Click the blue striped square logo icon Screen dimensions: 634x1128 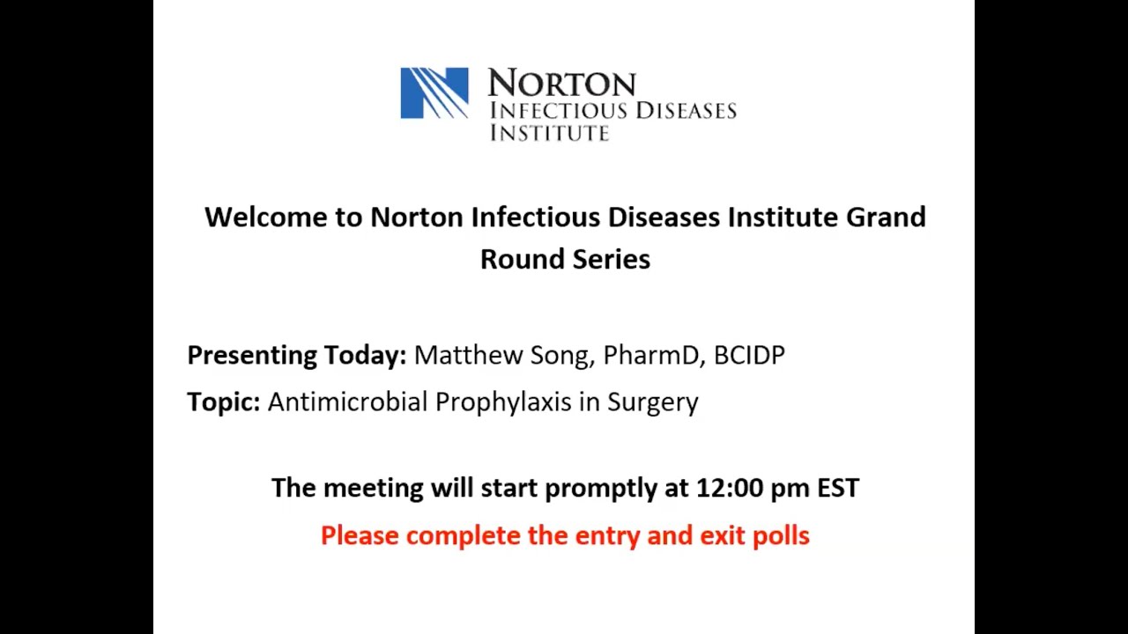(x=434, y=92)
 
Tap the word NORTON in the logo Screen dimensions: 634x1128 (x=561, y=83)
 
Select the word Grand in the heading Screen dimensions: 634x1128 (x=886, y=217)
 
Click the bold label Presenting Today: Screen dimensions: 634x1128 (x=296, y=355)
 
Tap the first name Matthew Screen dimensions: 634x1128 (x=468, y=355)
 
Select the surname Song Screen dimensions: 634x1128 (x=562, y=356)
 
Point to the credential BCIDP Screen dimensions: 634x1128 (x=749, y=355)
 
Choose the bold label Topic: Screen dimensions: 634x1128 (x=223, y=402)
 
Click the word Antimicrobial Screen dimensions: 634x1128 (x=347, y=402)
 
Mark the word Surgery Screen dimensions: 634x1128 (x=652, y=402)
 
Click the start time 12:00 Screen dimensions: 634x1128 (x=729, y=488)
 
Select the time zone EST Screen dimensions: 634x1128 (x=837, y=488)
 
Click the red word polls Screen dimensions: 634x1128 (x=780, y=535)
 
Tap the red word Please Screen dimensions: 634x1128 (x=360, y=535)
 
